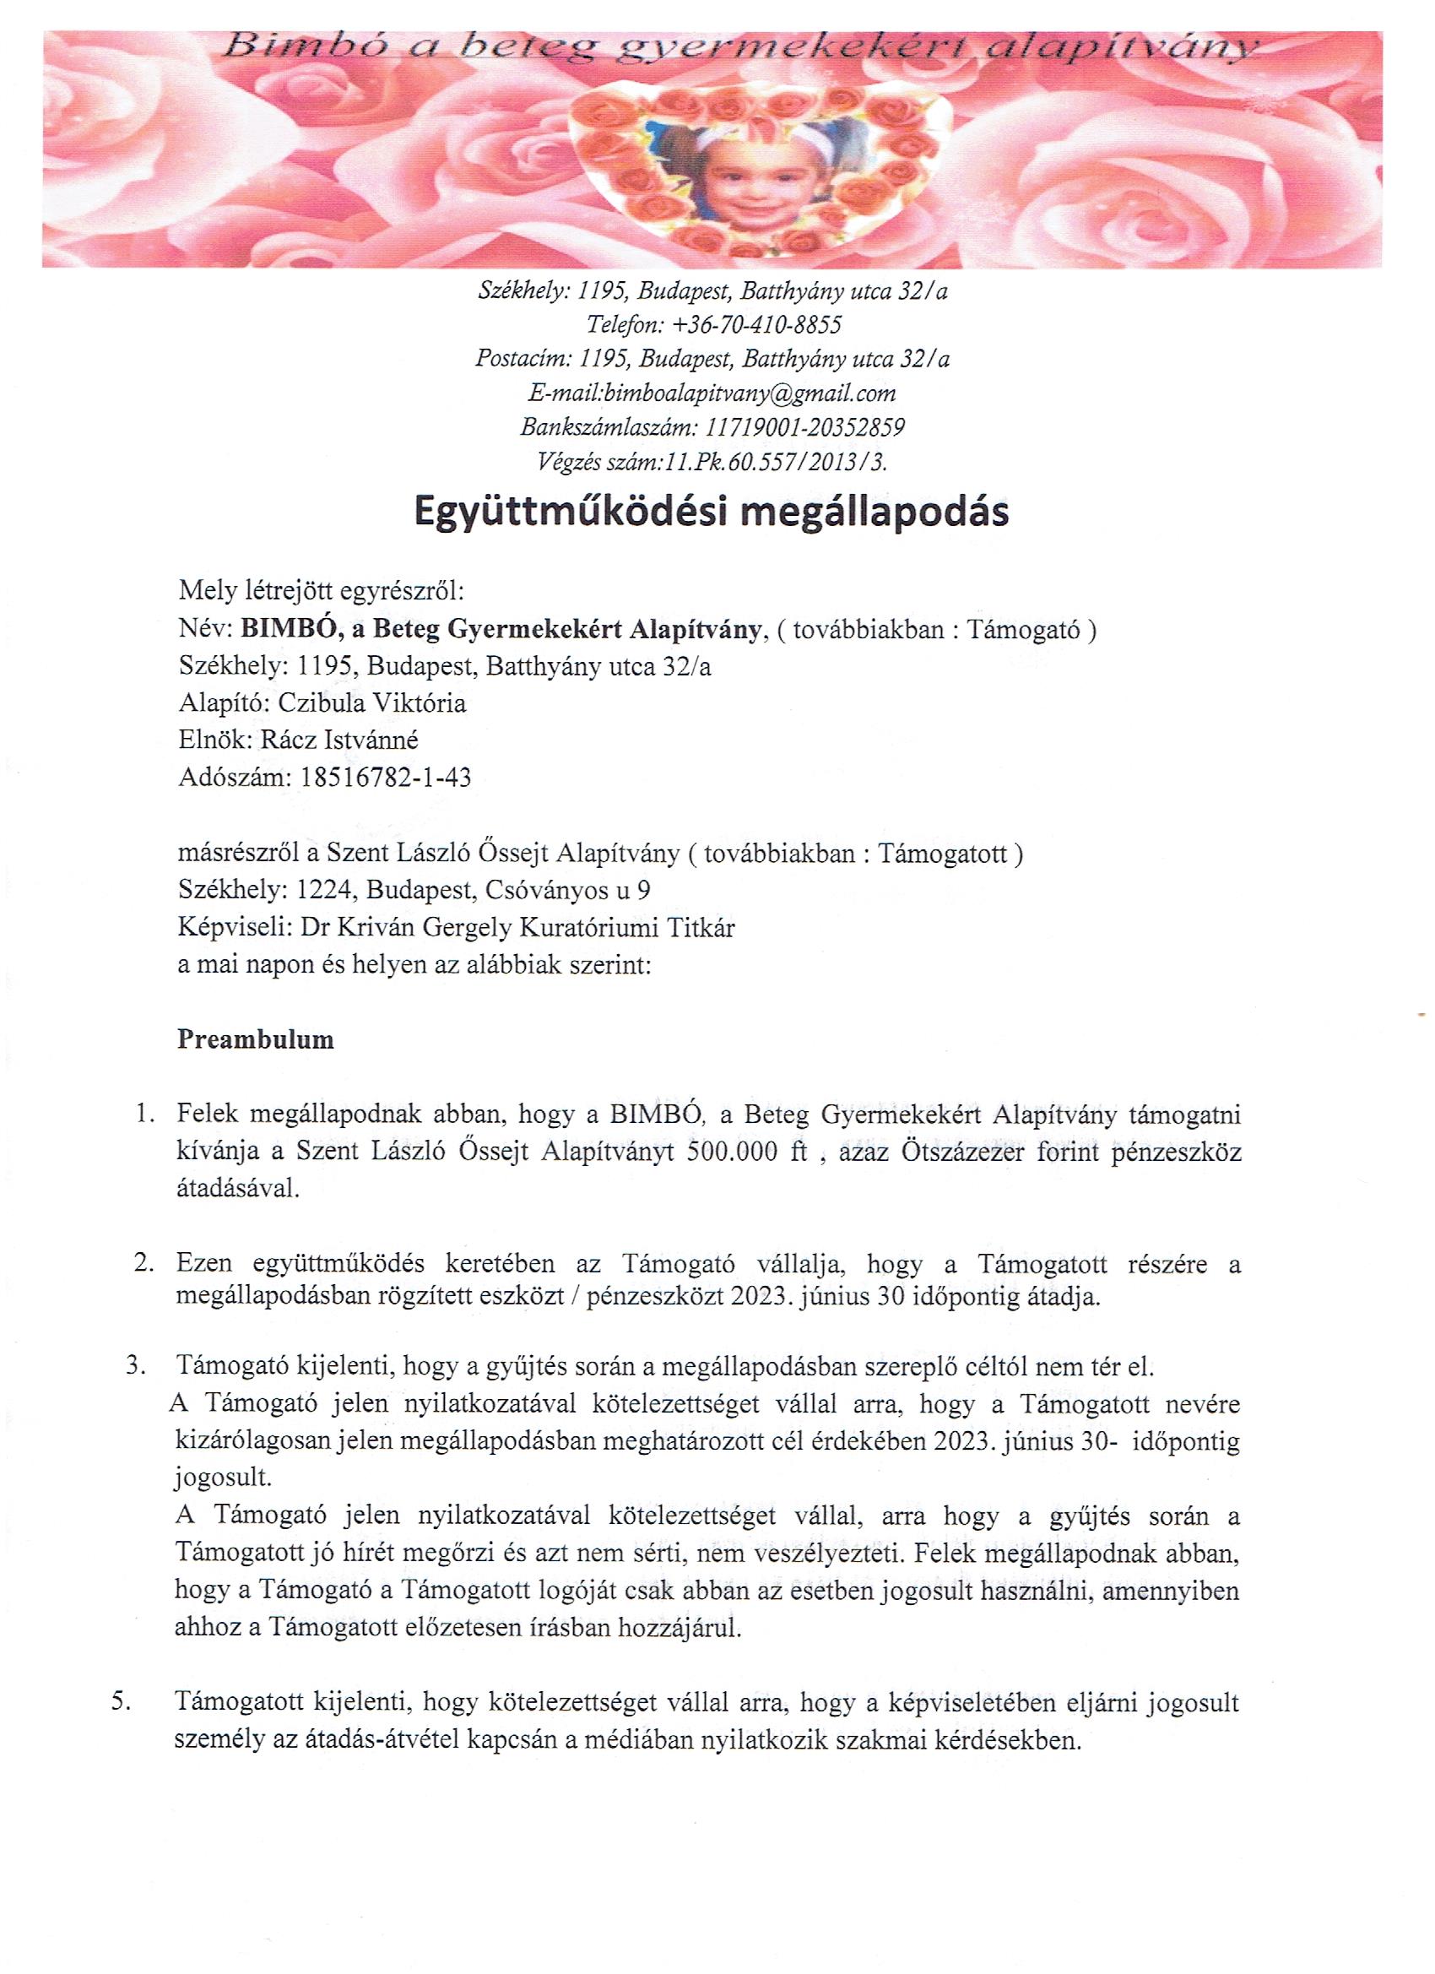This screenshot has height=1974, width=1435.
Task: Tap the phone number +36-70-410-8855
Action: click(754, 325)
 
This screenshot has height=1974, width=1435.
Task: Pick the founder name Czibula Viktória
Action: click(371, 702)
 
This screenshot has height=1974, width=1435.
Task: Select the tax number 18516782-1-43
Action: click(385, 777)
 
